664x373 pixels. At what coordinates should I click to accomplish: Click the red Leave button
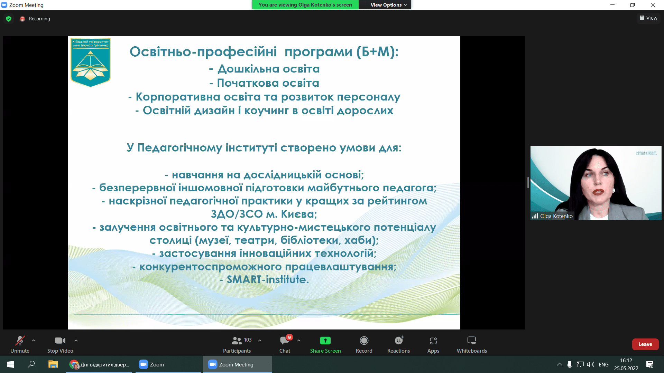[x=645, y=344]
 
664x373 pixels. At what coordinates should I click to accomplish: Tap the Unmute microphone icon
[x=20, y=341]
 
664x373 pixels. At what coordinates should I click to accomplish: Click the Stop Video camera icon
[x=60, y=341]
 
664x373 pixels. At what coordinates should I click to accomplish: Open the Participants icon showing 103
[x=237, y=341]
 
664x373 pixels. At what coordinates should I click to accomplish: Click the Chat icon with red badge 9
[x=285, y=341]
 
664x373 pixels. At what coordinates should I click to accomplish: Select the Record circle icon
[x=364, y=341]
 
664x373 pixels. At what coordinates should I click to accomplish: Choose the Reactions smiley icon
[x=399, y=341]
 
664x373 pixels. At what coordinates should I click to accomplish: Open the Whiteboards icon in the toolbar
[x=472, y=341]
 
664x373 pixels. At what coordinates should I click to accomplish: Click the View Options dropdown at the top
[x=388, y=5]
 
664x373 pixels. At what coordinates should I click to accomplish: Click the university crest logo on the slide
[x=91, y=62]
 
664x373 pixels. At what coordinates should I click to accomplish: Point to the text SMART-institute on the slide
[x=267, y=279]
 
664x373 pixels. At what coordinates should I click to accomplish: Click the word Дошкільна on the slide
[x=248, y=69]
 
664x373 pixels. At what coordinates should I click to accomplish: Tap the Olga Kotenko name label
[x=556, y=216]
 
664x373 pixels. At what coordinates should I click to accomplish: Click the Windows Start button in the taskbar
[x=10, y=364]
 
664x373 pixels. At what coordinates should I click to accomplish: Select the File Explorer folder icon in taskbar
[x=53, y=364]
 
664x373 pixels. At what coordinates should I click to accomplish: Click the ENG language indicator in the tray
[x=603, y=364]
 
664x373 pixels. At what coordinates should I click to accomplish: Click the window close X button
[x=653, y=5]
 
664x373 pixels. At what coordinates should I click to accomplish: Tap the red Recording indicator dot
[x=22, y=19]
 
